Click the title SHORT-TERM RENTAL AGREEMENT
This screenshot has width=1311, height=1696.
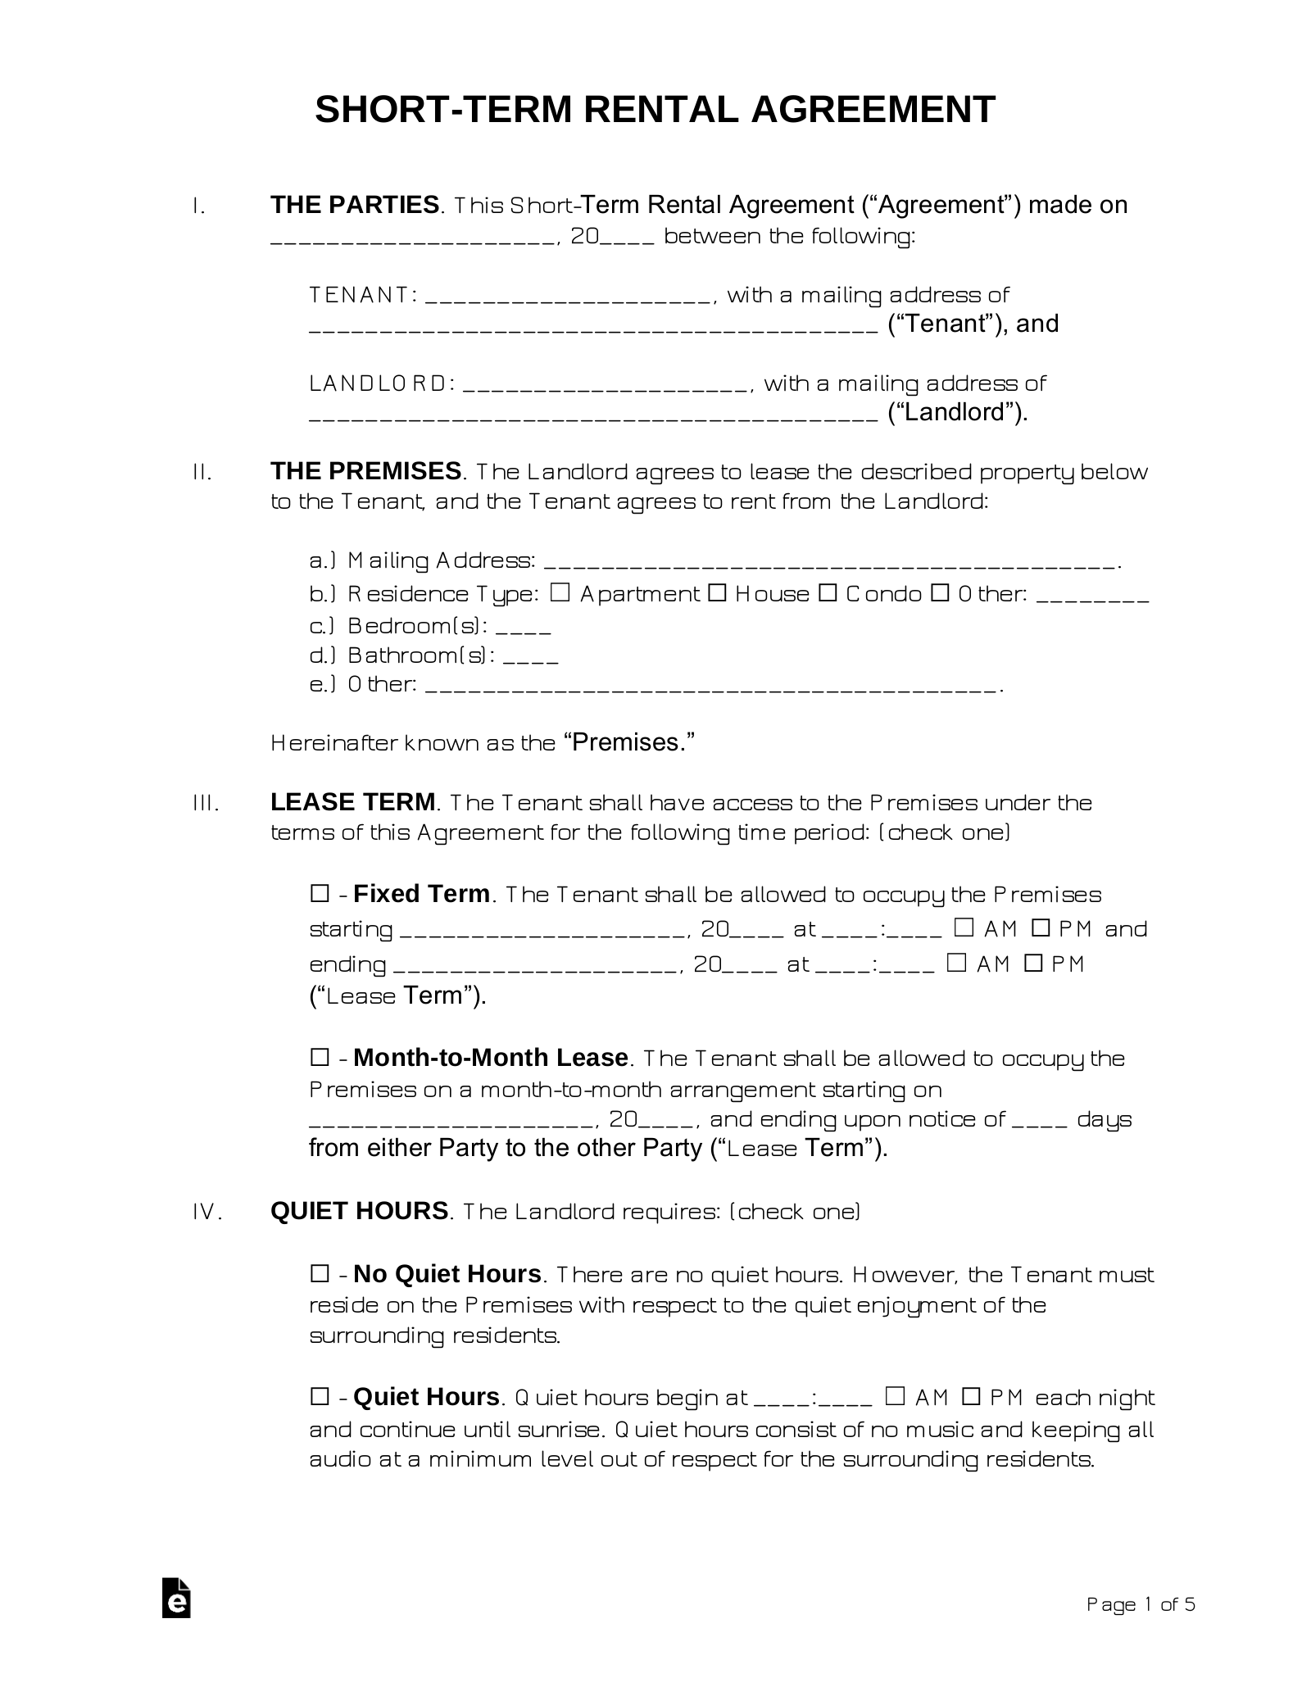click(655, 110)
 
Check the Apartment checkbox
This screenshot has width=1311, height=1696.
click(560, 592)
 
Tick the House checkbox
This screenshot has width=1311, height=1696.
click(716, 592)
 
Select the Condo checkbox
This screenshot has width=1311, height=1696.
click(828, 592)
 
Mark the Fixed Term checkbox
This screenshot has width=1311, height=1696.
click(320, 894)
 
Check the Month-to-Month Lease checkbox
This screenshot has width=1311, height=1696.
click(320, 1058)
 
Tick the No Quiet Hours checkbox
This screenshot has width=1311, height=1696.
click(320, 1274)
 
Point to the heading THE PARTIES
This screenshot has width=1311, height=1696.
click(355, 205)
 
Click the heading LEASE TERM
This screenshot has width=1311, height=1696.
click(353, 802)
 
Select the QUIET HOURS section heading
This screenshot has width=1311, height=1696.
click(359, 1211)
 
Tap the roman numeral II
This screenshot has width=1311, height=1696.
click(202, 473)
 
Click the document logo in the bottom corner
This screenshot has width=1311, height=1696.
click(176, 1621)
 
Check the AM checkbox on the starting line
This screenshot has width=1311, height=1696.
click(964, 928)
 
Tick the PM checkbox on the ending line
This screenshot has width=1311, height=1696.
click(1033, 964)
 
